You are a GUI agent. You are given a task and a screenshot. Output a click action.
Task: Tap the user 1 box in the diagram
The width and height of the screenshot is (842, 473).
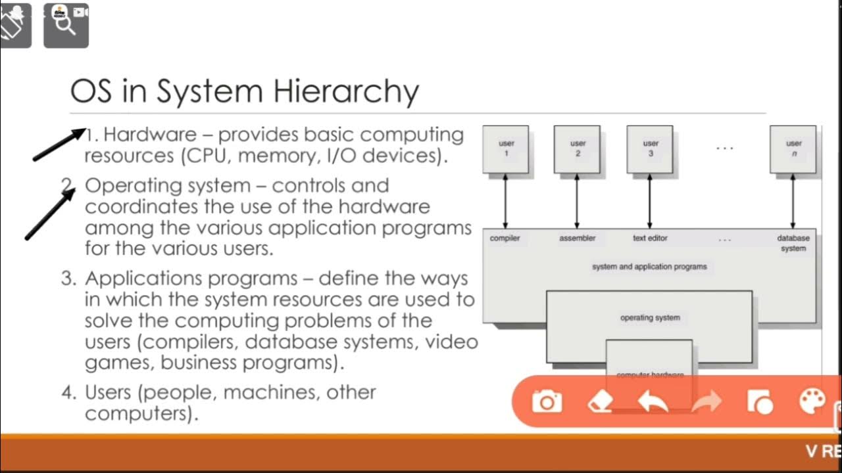pyautogui.click(x=506, y=149)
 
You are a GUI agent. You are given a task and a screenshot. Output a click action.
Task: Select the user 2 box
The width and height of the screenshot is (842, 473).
pyautogui.click(x=577, y=149)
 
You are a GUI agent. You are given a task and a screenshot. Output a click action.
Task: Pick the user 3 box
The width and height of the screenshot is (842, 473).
pyautogui.click(x=650, y=149)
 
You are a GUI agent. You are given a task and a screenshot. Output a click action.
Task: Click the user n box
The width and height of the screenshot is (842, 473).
pyautogui.click(x=793, y=149)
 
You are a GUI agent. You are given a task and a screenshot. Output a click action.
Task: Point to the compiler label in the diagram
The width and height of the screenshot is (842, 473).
pyautogui.click(x=505, y=238)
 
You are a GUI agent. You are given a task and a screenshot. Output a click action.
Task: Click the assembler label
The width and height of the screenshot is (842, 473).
pyautogui.click(x=577, y=238)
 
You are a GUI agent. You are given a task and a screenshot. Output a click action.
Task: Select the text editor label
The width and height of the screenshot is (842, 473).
pyautogui.click(x=650, y=238)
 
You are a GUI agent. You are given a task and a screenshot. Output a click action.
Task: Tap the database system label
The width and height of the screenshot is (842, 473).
pyautogui.click(x=793, y=243)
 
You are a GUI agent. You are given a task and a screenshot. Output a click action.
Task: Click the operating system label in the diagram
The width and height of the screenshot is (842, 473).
pyautogui.click(x=650, y=318)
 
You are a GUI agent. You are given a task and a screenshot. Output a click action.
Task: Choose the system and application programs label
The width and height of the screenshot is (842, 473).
pyautogui.click(x=649, y=267)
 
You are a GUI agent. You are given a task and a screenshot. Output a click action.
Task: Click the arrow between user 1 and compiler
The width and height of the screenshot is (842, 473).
pyautogui.click(x=505, y=200)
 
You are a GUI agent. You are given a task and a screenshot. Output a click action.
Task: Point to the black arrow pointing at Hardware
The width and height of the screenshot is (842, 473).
pyautogui.click(x=59, y=145)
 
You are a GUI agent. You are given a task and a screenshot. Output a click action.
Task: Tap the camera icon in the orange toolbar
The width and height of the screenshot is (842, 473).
pyautogui.click(x=547, y=401)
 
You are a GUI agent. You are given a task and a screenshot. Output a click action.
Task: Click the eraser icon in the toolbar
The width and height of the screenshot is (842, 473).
pyautogui.click(x=599, y=401)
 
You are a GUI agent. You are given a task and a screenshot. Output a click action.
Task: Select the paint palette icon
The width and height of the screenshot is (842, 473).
pyautogui.click(x=812, y=401)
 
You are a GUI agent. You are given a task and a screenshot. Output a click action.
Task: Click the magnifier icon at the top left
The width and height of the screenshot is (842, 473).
pyautogui.click(x=66, y=25)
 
